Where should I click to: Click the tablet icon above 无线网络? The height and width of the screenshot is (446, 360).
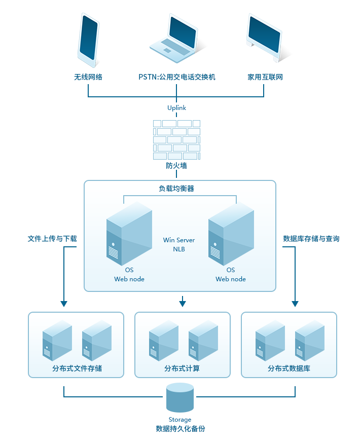(x=88, y=40)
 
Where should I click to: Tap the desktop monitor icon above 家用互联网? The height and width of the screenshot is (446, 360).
(x=264, y=38)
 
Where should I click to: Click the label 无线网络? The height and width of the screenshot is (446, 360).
(x=88, y=77)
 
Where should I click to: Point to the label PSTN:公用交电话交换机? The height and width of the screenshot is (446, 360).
(x=177, y=77)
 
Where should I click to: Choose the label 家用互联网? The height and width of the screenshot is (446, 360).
(x=265, y=77)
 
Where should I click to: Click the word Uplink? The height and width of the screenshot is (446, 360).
(x=177, y=107)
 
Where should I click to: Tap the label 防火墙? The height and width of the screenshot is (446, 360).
(x=177, y=166)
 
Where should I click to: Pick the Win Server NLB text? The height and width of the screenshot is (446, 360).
(x=179, y=244)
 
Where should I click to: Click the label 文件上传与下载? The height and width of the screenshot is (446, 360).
(x=53, y=238)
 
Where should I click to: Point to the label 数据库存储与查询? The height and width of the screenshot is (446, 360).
(x=311, y=238)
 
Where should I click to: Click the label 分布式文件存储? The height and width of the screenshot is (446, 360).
(x=77, y=368)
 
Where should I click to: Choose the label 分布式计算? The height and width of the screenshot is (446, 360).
(x=182, y=368)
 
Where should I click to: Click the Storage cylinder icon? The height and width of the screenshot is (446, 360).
(x=180, y=398)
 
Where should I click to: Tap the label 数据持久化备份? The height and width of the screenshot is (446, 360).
(x=181, y=429)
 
